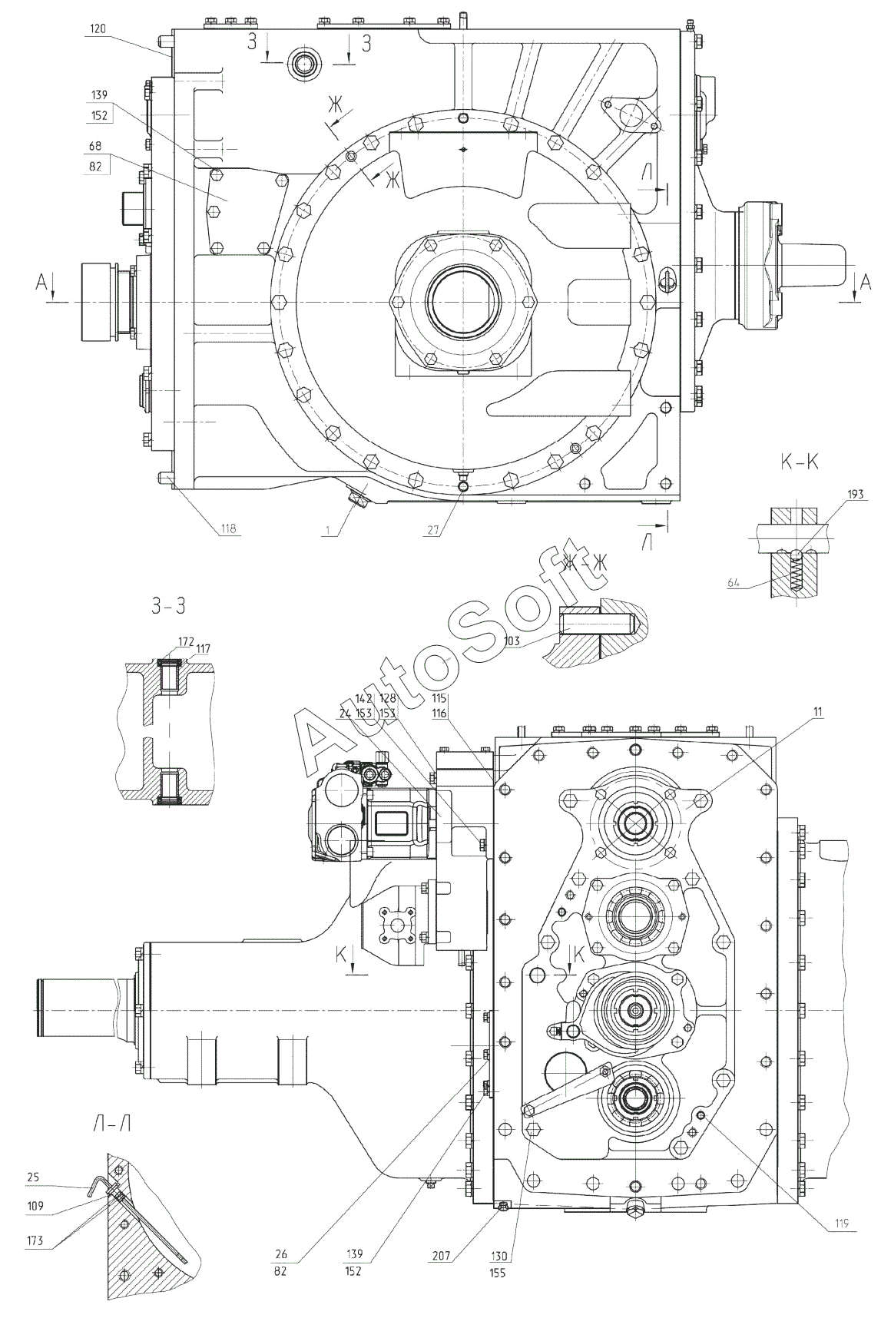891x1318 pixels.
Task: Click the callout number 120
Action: (x=98, y=28)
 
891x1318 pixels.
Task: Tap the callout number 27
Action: (x=436, y=528)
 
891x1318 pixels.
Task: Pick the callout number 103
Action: (x=512, y=640)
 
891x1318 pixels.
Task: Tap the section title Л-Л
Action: (x=111, y=1124)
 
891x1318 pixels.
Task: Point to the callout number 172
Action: (x=185, y=640)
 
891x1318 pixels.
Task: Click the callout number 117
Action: (x=203, y=649)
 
